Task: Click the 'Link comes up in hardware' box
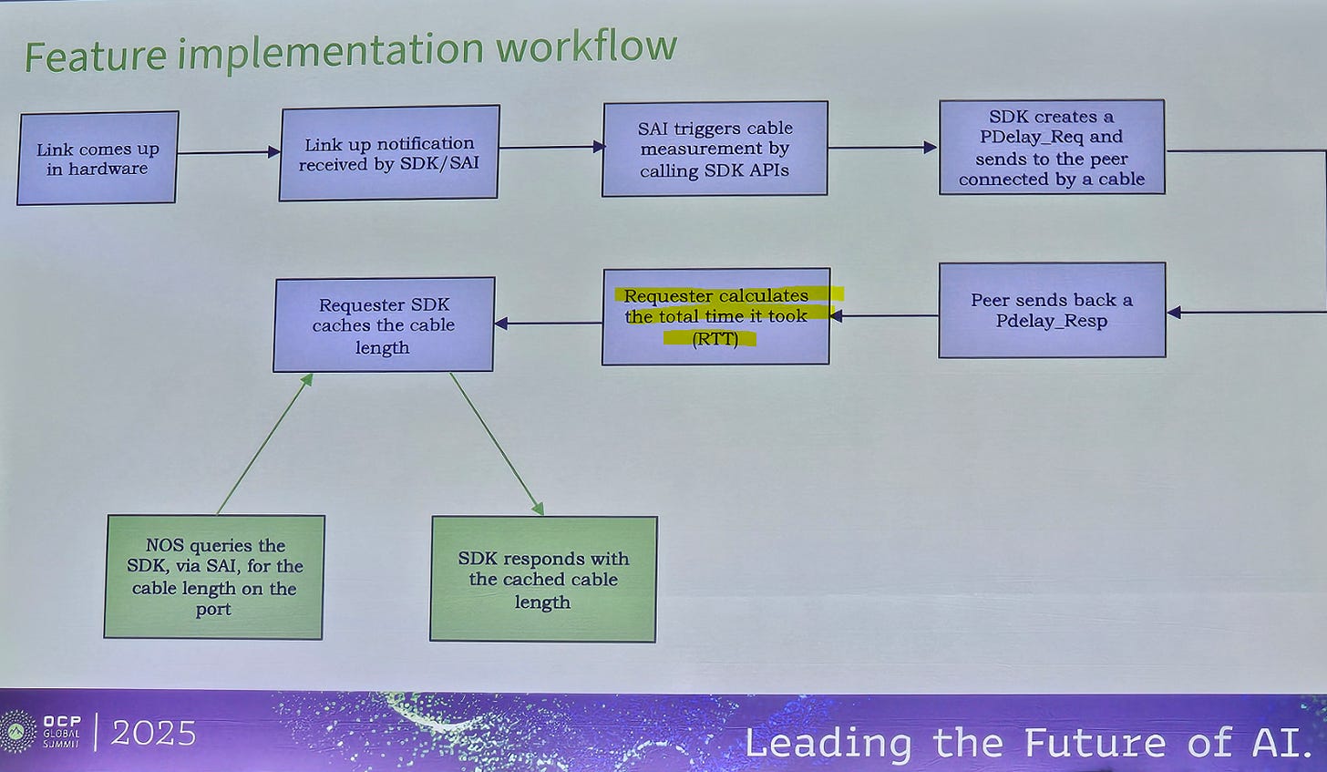coord(98,158)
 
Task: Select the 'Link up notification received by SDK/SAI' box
coord(389,153)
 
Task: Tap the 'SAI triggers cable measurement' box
coord(715,149)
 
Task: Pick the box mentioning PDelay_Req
coord(1052,148)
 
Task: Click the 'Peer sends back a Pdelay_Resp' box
coord(1052,310)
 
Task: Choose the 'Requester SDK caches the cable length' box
coord(384,324)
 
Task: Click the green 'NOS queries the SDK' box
coord(214,577)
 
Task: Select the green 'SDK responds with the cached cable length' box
coord(543,580)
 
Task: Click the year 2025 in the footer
coord(153,733)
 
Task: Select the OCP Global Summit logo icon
coord(19,732)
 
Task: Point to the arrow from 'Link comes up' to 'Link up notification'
coord(228,153)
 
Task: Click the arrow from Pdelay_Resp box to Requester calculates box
coord(884,316)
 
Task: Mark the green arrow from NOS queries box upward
coord(264,444)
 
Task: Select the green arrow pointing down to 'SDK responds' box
coord(497,444)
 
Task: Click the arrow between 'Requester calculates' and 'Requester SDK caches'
coord(548,324)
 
